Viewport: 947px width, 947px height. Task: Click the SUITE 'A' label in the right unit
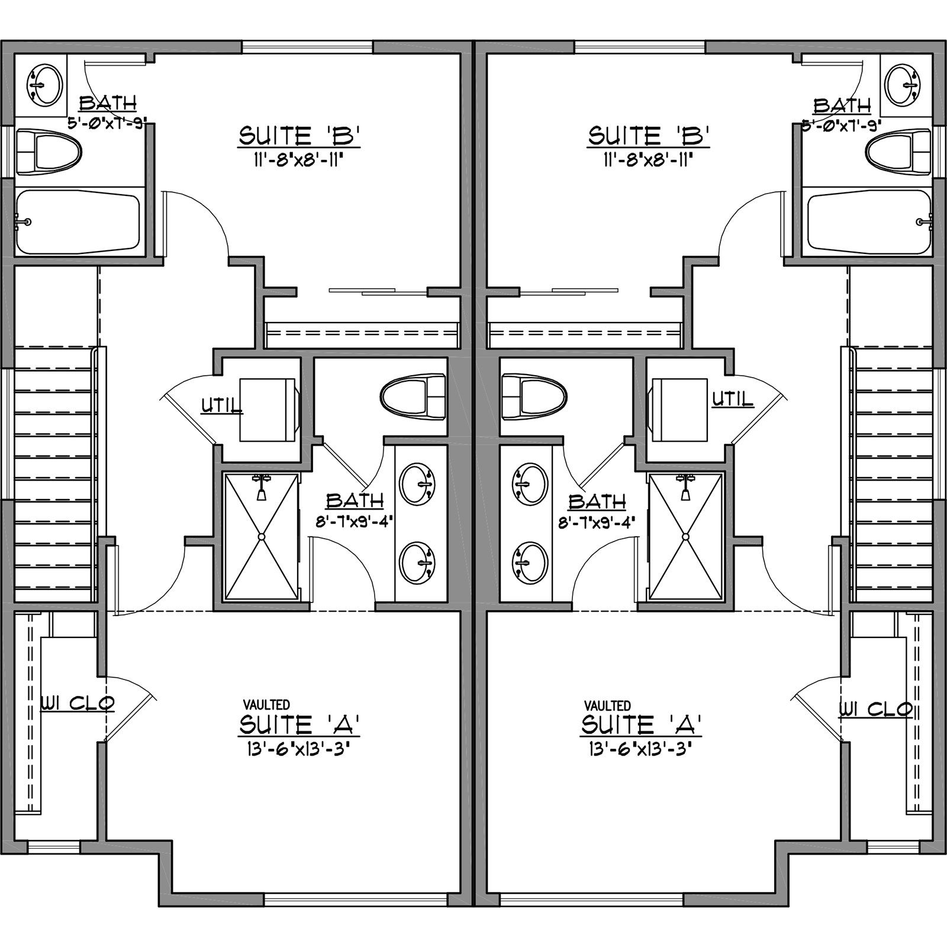[642, 724]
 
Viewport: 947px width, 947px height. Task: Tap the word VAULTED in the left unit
[266, 704]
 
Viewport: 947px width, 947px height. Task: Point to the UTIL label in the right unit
[733, 400]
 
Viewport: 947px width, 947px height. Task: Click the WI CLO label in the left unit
[77, 703]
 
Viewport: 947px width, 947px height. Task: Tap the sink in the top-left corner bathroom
[44, 85]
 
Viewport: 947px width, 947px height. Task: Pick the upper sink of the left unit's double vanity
[418, 485]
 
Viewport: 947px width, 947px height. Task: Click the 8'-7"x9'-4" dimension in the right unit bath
[597, 523]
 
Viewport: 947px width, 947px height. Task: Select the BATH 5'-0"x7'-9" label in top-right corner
[842, 114]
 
